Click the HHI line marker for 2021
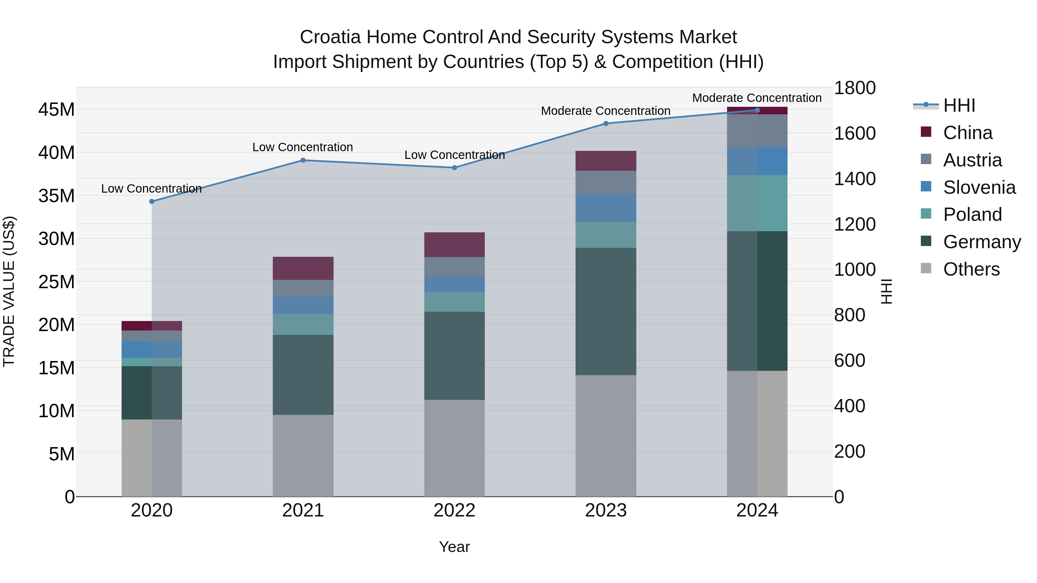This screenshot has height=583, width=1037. [x=303, y=160]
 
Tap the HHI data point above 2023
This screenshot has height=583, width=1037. [x=606, y=124]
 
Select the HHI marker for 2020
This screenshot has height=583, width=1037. [x=152, y=202]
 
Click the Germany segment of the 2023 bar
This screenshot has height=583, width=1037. [x=606, y=312]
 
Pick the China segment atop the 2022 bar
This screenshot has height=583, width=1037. [x=455, y=245]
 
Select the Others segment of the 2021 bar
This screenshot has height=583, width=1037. [x=303, y=455]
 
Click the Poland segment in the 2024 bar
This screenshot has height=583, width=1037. [x=757, y=203]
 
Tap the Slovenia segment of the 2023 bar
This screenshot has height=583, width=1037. [x=606, y=208]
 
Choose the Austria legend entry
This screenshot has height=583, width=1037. [x=972, y=160]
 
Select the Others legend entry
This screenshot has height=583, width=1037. [x=971, y=269]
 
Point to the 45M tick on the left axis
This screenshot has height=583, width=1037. [x=56, y=109]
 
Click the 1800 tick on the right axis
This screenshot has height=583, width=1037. [x=854, y=88]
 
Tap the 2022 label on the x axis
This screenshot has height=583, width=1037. [x=455, y=510]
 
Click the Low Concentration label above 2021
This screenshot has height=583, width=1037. [x=303, y=147]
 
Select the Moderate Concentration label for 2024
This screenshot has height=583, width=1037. [x=757, y=98]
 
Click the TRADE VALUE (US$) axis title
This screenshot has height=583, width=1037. [x=9, y=291]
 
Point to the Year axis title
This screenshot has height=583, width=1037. [x=455, y=547]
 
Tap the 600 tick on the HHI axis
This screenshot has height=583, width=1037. [x=849, y=360]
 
